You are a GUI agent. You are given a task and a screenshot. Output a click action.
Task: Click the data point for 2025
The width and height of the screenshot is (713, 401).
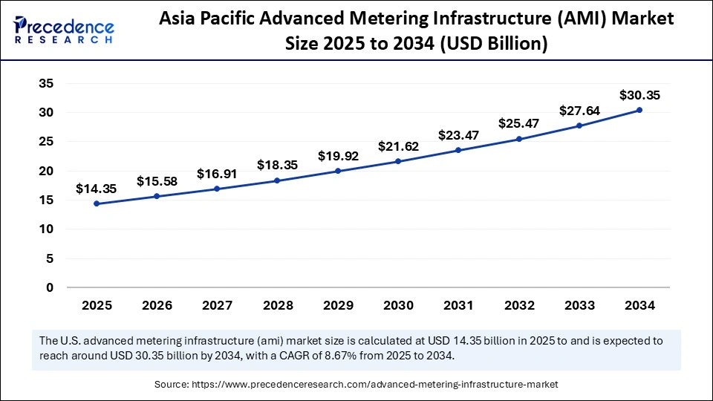[x=97, y=203]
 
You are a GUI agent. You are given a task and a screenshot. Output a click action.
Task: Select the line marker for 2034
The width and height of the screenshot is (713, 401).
[x=639, y=110]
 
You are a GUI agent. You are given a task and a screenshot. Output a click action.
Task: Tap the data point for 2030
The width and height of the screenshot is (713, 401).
[x=398, y=161]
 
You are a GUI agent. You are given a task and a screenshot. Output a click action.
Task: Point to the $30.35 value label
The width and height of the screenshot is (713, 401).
[x=639, y=95]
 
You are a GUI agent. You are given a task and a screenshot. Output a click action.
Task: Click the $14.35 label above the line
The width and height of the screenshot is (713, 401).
[x=97, y=189]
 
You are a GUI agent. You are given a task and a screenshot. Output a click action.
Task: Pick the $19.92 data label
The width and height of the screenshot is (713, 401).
[x=338, y=156]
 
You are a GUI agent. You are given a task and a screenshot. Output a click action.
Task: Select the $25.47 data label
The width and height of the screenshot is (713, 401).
[x=519, y=124]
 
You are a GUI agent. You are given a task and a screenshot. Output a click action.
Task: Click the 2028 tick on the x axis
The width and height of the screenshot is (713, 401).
[x=278, y=304]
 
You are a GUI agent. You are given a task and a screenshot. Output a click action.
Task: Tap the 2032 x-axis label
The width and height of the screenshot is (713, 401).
[x=519, y=304]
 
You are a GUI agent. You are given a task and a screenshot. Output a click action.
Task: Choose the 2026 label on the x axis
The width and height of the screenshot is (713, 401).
[x=157, y=304]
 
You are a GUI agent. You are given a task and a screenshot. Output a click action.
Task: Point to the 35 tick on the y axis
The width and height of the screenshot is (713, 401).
[x=46, y=83]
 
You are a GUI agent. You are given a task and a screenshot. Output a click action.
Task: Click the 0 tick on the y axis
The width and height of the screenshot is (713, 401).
[x=50, y=287]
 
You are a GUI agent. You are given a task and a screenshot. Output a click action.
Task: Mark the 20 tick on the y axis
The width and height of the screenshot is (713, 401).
[x=46, y=171]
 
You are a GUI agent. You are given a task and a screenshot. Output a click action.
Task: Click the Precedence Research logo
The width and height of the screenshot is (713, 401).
[x=64, y=30]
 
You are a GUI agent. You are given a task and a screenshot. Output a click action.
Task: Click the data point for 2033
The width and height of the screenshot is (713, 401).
[x=579, y=125]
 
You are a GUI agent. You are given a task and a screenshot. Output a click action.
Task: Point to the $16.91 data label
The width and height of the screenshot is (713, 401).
[x=217, y=174]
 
